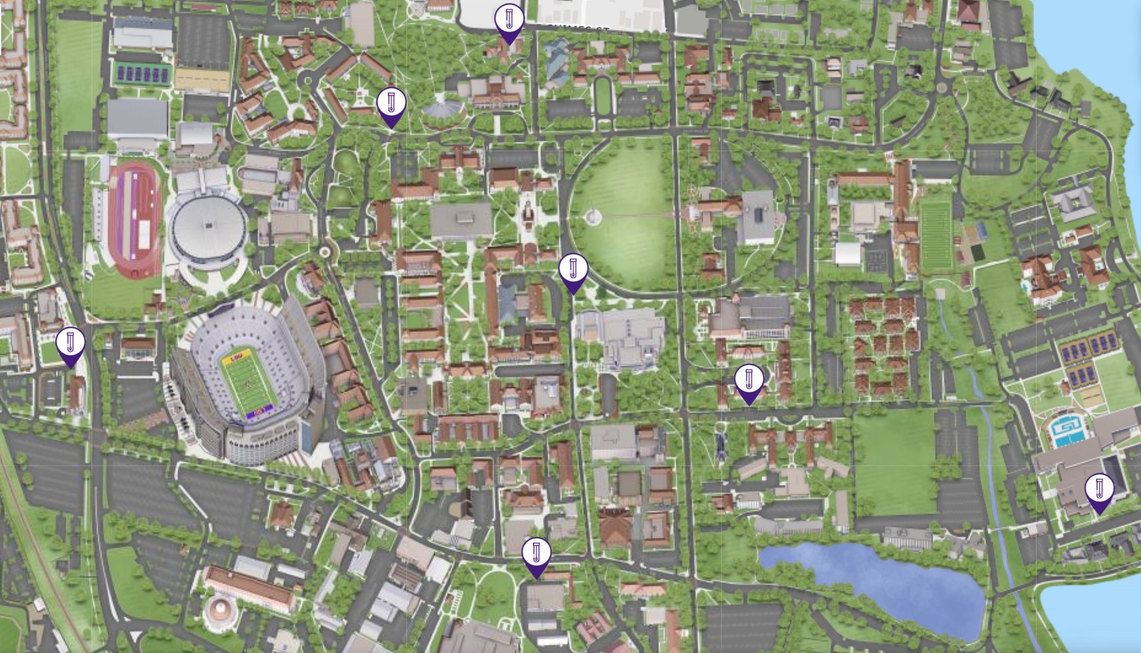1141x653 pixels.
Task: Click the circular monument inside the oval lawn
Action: [592, 216]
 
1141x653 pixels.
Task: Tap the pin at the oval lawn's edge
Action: [573, 271]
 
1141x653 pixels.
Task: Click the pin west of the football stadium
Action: [71, 345]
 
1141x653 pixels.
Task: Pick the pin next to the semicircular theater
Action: [391, 105]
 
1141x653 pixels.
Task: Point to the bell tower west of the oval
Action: [527, 212]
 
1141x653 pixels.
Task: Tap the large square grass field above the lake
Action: [894, 461]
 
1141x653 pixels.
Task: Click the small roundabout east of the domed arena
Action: [324, 251]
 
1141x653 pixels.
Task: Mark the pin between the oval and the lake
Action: [749, 382]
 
